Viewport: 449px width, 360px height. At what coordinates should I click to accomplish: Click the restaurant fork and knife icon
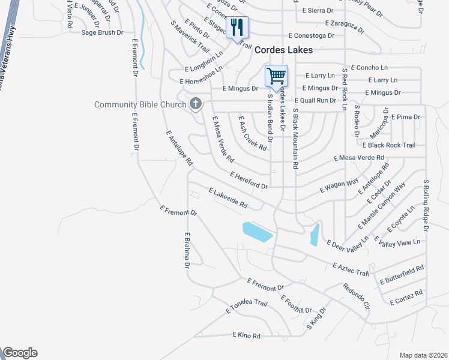click(237, 28)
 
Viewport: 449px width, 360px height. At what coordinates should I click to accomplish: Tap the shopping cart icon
click(276, 76)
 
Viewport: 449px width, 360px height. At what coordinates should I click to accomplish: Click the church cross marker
click(195, 105)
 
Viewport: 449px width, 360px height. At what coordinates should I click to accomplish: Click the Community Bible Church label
click(139, 105)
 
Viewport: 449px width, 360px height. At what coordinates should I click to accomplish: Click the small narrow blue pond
click(314, 235)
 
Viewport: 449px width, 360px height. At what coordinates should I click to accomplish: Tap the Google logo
click(20, 353)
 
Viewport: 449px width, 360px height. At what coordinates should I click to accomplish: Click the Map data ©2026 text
click(423, 355)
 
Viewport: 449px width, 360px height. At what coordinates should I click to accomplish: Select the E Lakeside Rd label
click(228, 198)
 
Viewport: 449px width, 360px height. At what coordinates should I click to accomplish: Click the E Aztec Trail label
click(350, 269)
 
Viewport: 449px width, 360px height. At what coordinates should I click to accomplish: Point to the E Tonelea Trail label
click(246, 307)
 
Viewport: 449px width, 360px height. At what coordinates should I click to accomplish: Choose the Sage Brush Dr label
click(102, 33)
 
